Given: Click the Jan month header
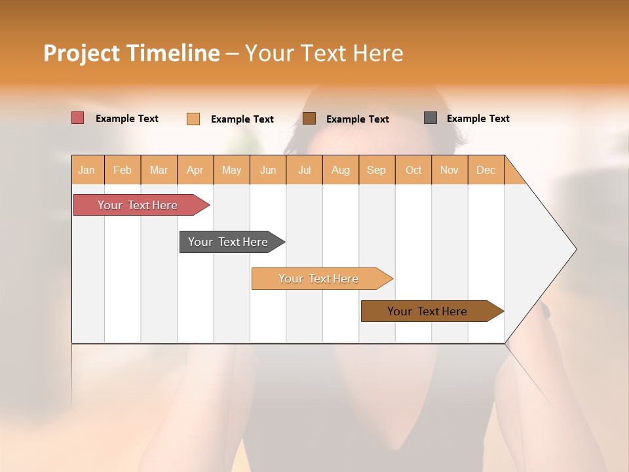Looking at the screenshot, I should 87,170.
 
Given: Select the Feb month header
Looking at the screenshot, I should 123,170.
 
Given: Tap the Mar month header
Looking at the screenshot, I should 159,170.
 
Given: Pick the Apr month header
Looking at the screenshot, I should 195,170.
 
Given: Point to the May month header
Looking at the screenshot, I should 231,170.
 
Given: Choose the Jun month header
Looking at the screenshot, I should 268,170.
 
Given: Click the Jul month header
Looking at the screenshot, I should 304,170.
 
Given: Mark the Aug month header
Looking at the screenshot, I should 341,170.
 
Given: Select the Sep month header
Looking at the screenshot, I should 377,170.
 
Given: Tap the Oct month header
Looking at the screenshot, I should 413,170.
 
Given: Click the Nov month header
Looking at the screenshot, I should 449,170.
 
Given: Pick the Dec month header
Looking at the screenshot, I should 486,170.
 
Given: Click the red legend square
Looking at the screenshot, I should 77,118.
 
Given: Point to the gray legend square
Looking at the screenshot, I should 430,118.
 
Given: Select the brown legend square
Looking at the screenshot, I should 309,119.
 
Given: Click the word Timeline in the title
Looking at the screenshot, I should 173,53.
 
